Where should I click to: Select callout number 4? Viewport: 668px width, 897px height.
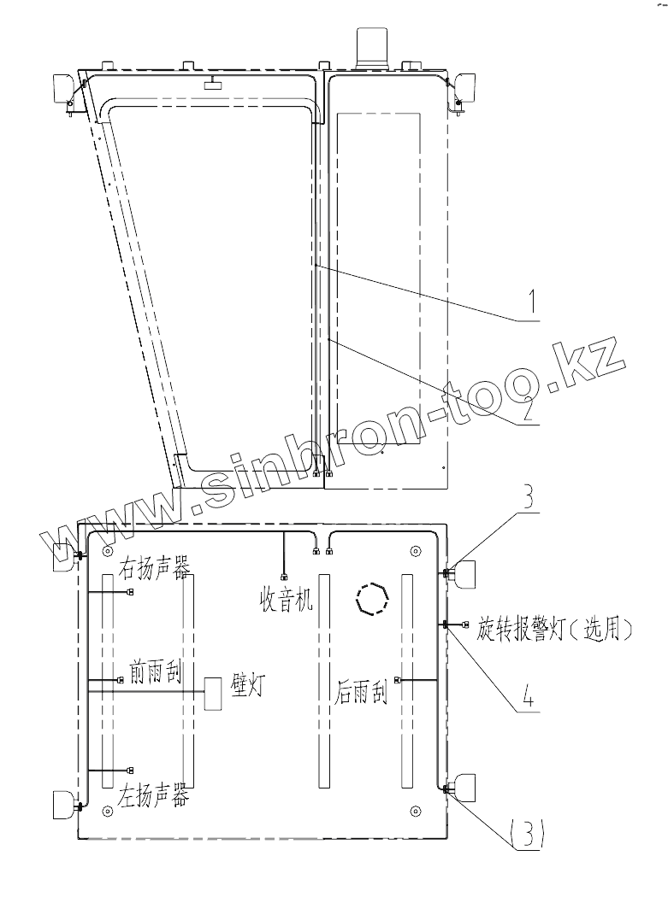pos(530,696)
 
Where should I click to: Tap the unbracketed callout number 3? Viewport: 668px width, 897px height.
pos(529,499)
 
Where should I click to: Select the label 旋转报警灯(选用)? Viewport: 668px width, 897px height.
pos(554,630)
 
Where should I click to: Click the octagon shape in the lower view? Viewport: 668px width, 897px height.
pos(374,599)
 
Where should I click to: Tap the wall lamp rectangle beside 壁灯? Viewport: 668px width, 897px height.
pos(213,692)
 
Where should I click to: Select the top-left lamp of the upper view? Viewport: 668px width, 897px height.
pos(64,89)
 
